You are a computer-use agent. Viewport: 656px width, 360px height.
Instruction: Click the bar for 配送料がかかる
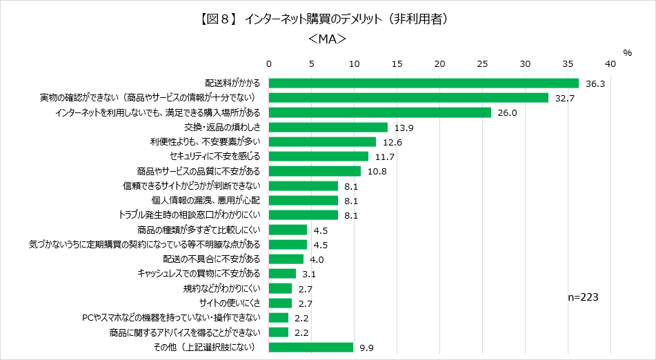pos(424,83)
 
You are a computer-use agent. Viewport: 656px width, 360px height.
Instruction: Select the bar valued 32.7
pos(408,97)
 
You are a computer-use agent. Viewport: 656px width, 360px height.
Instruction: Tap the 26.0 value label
pos(506,112)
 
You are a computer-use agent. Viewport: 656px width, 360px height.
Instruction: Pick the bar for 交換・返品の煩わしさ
pos(328,127)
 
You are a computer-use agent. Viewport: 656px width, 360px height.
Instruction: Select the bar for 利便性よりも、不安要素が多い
pos(322,141)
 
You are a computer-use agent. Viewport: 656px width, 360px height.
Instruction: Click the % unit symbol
pos(627,53)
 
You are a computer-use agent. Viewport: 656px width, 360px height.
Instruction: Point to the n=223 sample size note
pos(582,297)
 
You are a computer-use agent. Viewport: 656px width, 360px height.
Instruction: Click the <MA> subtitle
pos(327,40)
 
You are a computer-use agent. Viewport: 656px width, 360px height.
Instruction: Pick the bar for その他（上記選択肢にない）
pos(311,347)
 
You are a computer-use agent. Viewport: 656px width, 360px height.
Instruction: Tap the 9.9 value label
pos(366,348)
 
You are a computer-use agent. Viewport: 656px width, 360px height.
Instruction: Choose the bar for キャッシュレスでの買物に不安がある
pos(282,274)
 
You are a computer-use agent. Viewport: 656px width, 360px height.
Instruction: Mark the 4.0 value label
pos(317,259)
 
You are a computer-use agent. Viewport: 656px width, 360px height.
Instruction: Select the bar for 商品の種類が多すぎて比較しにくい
pos(288,230)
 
